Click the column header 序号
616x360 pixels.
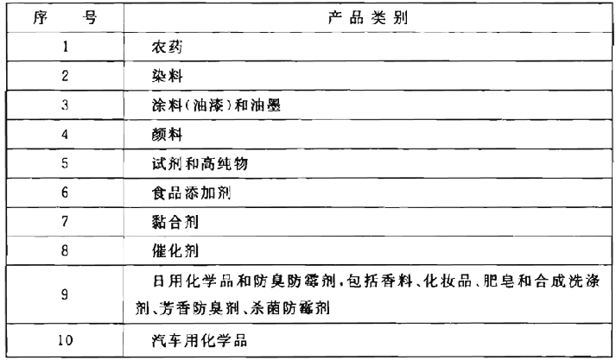65,17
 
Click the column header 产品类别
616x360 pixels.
368,17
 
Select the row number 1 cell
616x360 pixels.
65,47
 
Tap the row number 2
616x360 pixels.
65,76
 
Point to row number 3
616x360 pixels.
65,104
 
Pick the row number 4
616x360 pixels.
65,135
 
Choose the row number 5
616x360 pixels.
65,163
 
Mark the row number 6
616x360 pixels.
65,193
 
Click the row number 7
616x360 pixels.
65,221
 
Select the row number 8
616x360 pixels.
65,250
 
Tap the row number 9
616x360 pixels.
65,294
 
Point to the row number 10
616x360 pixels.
65,340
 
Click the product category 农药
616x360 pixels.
167,47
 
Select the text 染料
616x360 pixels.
167,76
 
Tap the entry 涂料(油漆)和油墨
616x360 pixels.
216,105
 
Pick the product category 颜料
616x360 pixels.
167,135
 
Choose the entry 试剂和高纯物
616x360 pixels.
200,163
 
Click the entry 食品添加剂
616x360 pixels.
191,193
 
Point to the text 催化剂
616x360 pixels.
175,251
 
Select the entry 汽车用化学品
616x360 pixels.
200,340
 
